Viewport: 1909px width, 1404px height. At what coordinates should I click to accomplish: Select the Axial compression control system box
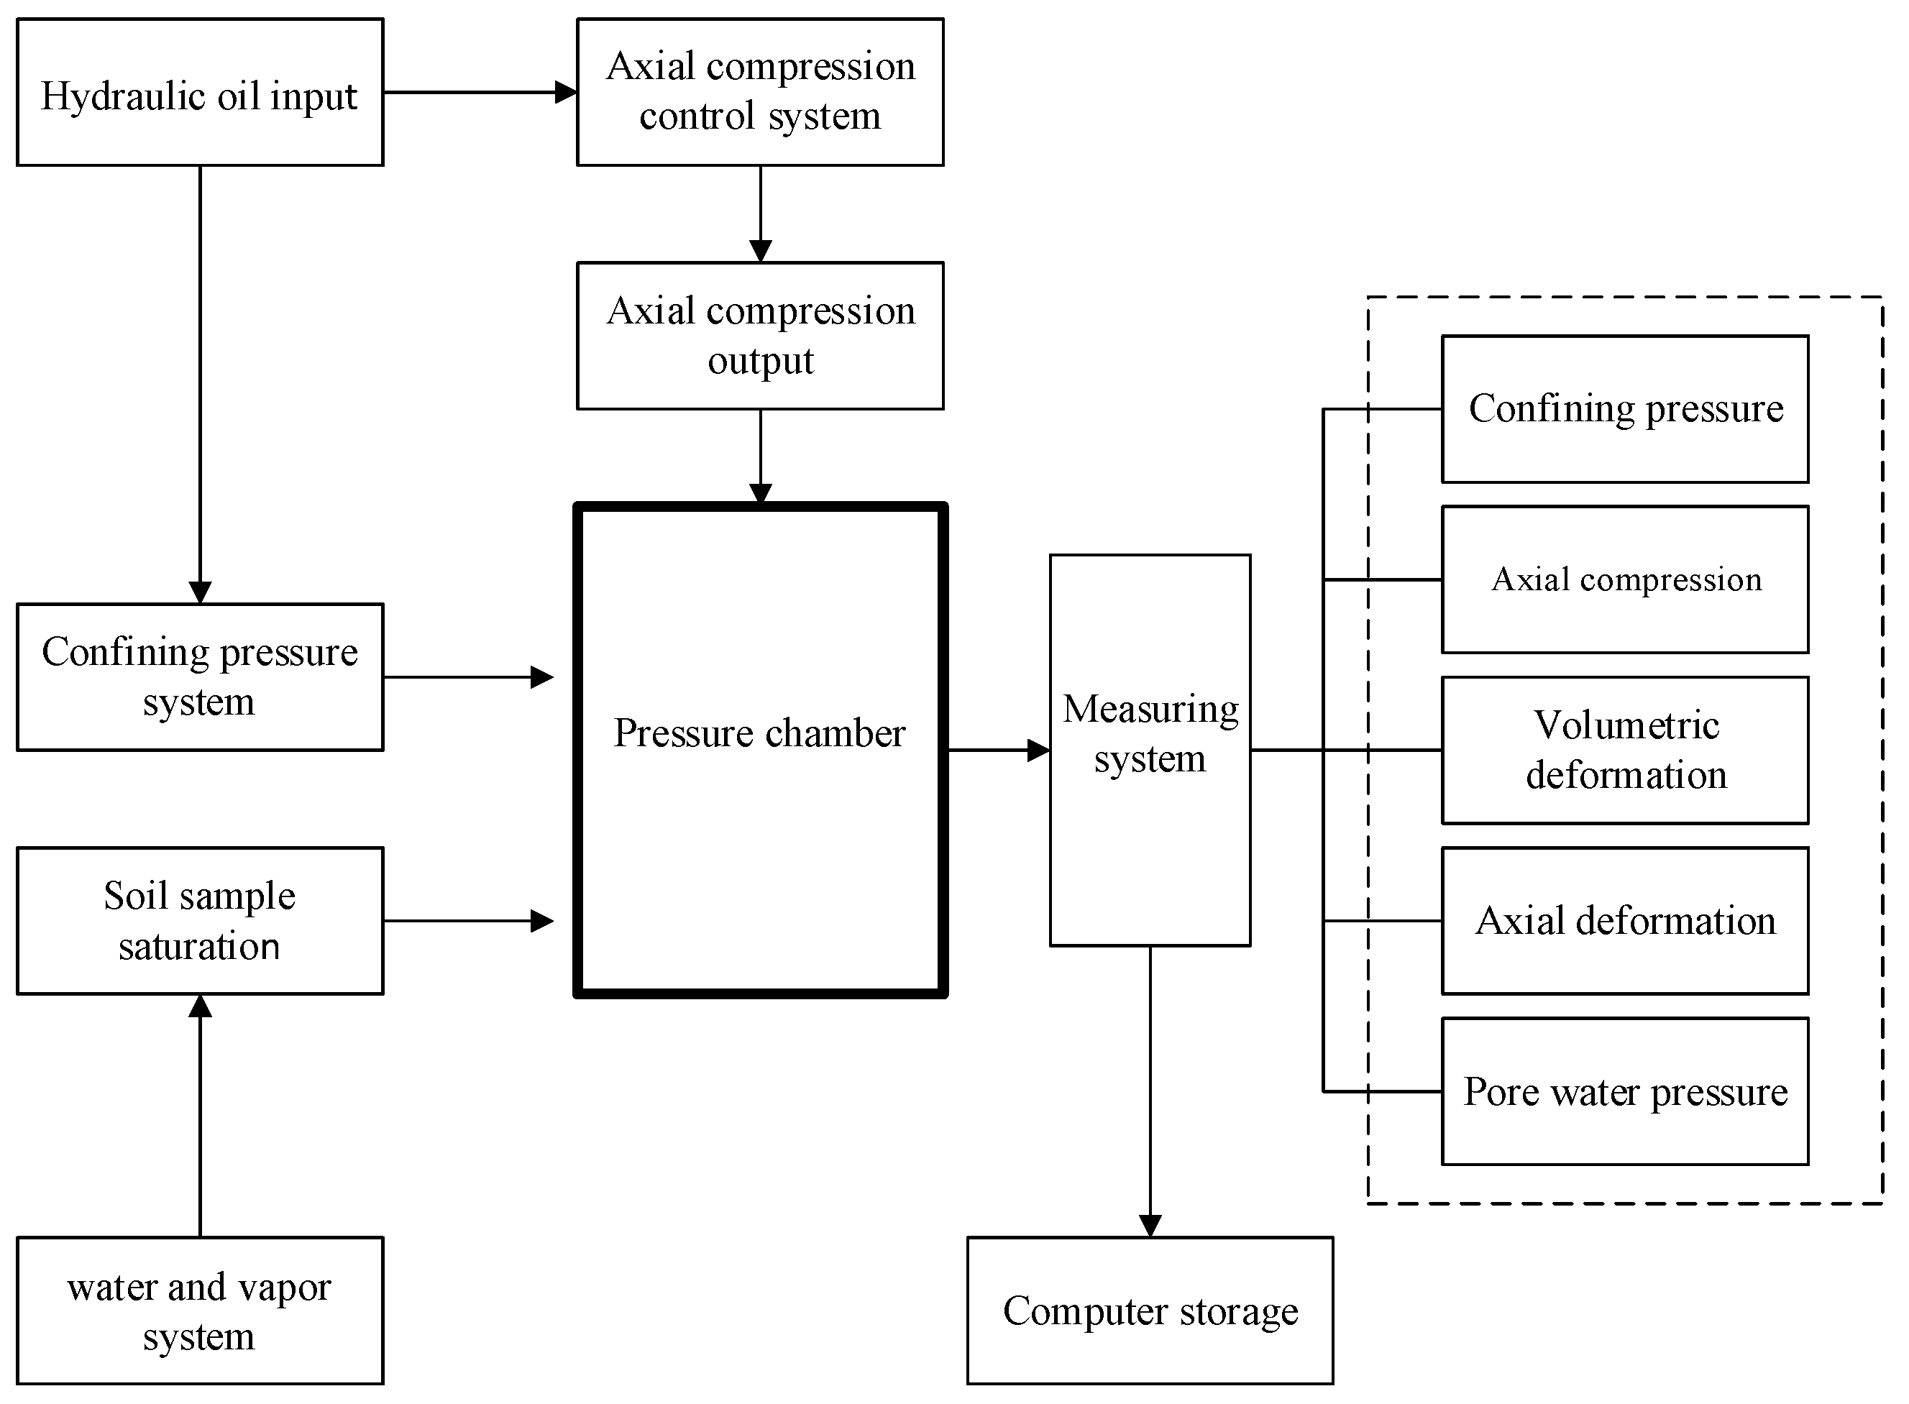pos(760,92)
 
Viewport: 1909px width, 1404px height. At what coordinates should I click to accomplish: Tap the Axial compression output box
pos(760,336)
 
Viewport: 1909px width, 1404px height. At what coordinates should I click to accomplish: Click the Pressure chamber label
pos(760,733)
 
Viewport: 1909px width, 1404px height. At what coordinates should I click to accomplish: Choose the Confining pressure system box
pos(200,677)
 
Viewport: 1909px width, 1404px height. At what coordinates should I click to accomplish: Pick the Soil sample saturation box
pos(200,920)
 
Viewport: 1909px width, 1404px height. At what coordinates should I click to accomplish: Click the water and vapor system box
pos(200,1311)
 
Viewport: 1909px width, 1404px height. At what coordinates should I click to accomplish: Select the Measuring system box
pos(1150,750)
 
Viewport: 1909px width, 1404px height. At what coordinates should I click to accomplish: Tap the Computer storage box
pos(1150,1311)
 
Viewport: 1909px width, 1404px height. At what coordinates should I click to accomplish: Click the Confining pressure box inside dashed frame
pos(1625,409)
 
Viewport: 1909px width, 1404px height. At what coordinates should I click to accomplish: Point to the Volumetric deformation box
pos(1625,751)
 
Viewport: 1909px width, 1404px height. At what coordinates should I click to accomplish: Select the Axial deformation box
pos(1625,920)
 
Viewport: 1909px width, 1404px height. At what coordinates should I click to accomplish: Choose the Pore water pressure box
pos(1625,1091)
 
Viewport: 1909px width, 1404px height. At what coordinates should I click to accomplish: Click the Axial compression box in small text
pos(1625,579)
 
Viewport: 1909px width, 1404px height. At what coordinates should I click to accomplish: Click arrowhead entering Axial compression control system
pos(566,92)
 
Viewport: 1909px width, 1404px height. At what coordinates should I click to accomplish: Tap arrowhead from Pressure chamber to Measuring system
pos(1039,751)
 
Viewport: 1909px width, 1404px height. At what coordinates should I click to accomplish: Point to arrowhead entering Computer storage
pos(1150,1226)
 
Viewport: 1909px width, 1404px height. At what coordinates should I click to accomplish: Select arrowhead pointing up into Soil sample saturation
pos(200,1006)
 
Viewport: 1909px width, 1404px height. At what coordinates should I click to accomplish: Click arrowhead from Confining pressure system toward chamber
pos(542,677)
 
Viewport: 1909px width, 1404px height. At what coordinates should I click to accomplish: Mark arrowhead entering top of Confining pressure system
pos(200,592)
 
